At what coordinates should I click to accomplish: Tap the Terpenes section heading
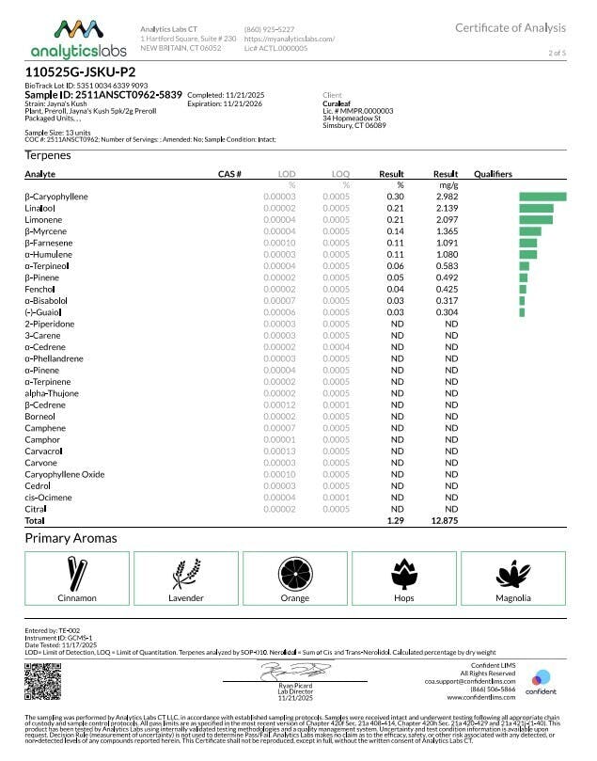point(47,155)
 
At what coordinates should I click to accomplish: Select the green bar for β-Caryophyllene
point(542,197)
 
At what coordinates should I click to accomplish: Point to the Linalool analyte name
point(42,208)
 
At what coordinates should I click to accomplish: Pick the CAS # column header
point(229,175)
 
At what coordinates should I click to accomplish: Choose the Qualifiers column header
point(493,175)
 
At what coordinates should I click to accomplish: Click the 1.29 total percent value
point(395,520)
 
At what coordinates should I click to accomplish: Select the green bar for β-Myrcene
point(530,230)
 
